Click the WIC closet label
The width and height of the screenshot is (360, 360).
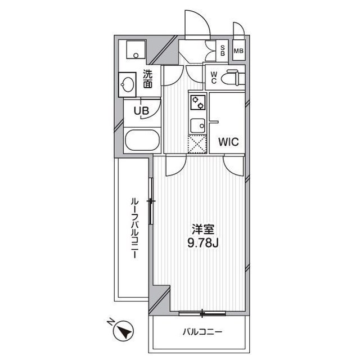[228, 142]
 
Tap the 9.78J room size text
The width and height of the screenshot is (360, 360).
[202, 242]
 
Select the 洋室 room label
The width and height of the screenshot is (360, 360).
[203, 229]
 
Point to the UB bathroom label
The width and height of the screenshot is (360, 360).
[141, 111]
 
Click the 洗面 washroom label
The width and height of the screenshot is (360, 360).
[147, 79]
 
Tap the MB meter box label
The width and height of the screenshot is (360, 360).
[238, 51]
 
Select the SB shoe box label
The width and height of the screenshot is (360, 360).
[223, 51]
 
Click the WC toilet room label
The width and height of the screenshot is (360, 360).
[214, 78]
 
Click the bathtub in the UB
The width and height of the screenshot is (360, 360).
[142, 140]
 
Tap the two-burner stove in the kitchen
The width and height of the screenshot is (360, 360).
[198, 102]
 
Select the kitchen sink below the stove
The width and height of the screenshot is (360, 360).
[197, 126]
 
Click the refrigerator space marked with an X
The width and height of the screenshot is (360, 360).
[197, 144]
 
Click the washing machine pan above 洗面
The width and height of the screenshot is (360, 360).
[136, 49]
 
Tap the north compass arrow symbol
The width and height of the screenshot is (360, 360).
[124, 331]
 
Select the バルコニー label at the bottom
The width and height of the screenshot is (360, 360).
[202, 332]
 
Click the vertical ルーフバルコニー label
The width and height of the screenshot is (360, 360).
[135, 228]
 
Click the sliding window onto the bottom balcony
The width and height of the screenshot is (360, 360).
[202, 313]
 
